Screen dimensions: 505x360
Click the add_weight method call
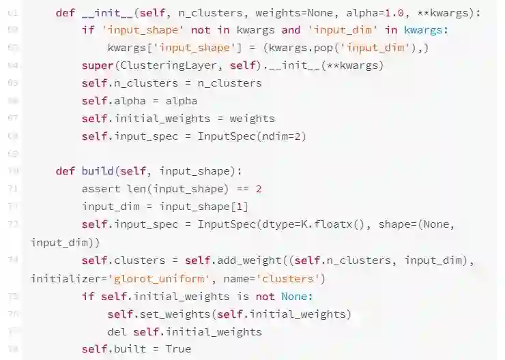point(252,260)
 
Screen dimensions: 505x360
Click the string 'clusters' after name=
point(295,278)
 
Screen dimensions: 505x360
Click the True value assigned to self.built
point(177,349)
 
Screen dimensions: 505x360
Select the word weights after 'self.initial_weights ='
point(252,119)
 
